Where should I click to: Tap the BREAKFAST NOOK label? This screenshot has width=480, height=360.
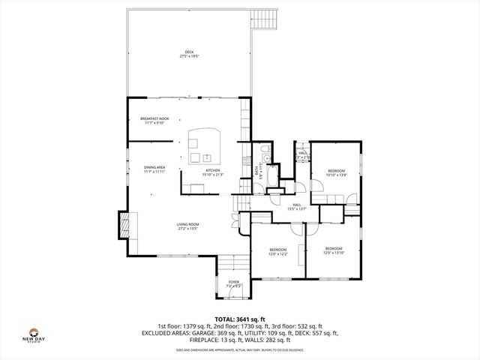point(154,118)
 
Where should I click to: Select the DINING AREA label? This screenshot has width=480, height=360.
point(154,167)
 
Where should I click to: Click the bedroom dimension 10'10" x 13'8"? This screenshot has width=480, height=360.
point(334,175)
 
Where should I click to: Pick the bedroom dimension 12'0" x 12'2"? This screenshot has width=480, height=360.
point(278,253)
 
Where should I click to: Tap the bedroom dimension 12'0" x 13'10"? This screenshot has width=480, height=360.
point(333,253)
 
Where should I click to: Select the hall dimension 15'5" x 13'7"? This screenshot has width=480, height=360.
point(297,208)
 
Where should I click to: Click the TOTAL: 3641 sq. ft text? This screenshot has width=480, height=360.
point(240,319)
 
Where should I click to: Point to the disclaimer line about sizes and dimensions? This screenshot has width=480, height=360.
point(240,349)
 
